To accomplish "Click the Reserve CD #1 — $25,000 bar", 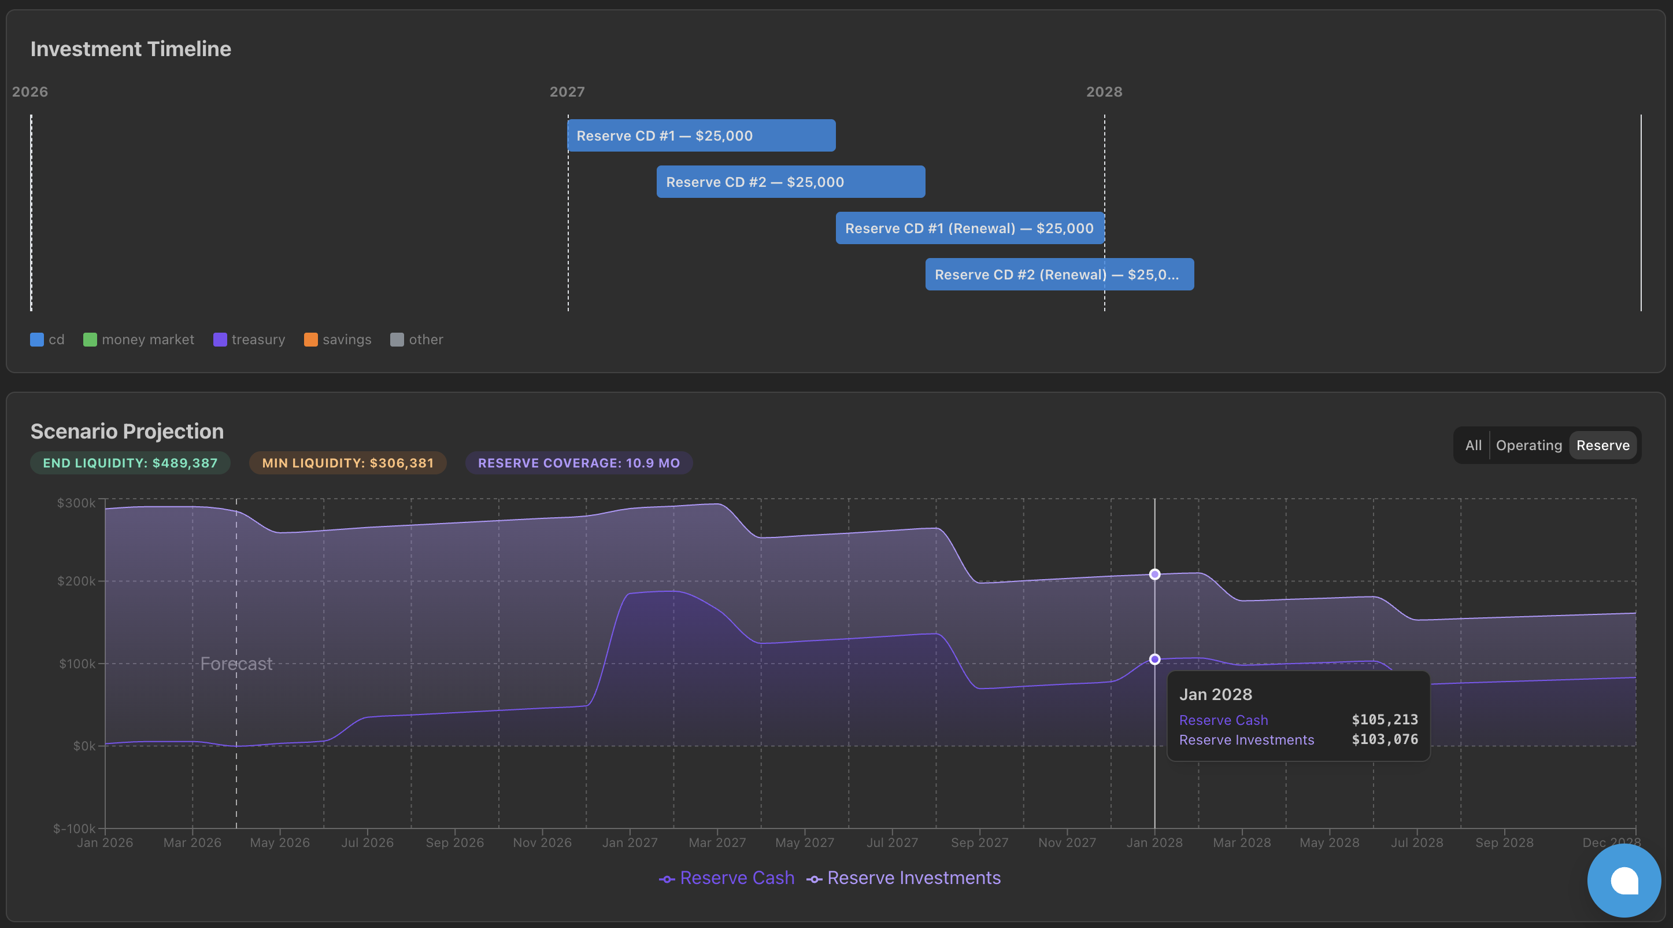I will coord(701,135).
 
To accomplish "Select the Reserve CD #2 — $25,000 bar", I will coord(790,182).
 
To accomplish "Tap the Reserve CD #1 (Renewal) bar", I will coord(969,228).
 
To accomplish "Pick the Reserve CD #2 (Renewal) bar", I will coord(1058,274).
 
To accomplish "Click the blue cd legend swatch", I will coord(37,340).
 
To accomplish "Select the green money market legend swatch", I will coord(90,340).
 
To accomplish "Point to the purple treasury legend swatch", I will coord(220,340).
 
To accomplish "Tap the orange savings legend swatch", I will coord(311,340).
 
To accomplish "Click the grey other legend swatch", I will coord(397,340).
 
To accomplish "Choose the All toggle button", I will coord(1473,445).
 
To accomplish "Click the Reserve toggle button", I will coord(1602,445).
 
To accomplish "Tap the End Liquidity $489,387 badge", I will coord(130,463).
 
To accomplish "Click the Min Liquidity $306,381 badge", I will coord(347,463).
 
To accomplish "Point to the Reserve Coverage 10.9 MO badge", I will coord(579,463).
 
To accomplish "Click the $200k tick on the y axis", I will coord(77,581).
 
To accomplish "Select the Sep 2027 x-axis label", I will coord(979,843).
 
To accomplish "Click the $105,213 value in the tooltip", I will coord(1385,719).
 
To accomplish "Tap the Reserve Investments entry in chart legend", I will coord(904,878).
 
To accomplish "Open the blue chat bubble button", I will coord(1624,881).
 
